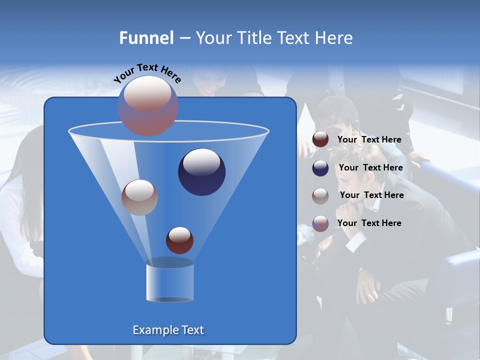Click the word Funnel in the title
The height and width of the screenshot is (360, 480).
(x=146, y=38)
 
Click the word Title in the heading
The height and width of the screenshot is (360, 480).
(x=253, y=38)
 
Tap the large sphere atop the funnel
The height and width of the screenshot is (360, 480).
(x=148, y=105)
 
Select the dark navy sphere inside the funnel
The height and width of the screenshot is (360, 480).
(x=201, y=172)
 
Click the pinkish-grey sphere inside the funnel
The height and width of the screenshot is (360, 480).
(x=139, y=197)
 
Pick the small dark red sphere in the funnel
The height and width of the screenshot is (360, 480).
(x=179, y=240)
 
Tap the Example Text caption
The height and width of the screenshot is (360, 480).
(x=168, y=330)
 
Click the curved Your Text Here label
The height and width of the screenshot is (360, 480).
(x=147, y=73)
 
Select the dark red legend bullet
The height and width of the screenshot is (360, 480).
(x=320, y=139)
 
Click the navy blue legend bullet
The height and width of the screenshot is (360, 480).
(x=320, y=168)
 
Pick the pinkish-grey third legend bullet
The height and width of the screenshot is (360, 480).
(x=320, y=195)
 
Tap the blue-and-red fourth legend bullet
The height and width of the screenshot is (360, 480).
(x=320, y=223)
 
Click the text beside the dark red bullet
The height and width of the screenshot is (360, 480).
(x=369, y=139)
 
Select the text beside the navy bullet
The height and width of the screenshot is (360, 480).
(x=370, y=167)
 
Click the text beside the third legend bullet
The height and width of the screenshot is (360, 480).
(x=371, y=195)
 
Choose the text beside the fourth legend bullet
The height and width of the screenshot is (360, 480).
(x=369, y=223)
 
